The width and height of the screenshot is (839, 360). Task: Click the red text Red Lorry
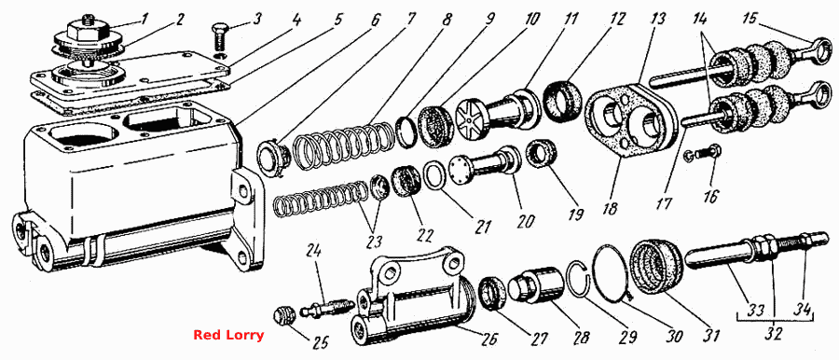[228, 336]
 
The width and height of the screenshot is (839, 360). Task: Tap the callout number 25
[323, 341]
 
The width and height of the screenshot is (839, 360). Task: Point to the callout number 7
[410, 20]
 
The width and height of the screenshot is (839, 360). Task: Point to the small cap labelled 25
[283, 315]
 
